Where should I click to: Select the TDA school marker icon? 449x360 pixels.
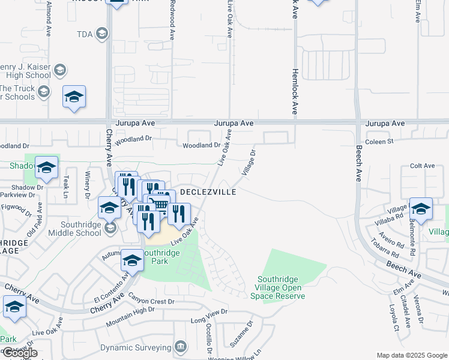pyautogui.click(x=103, y=34)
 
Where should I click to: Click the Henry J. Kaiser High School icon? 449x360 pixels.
pyautogui.click(x=59, y=71)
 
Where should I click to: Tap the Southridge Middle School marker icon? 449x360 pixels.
pyautogui.click(x=109, y=228)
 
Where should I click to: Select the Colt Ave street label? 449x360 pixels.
pyautogui.click(x=421, y=166)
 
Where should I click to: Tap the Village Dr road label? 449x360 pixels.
pyautogui.click(x=249, y=163)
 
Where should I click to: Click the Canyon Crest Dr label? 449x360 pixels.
pyautogui.click(x=155, y=301)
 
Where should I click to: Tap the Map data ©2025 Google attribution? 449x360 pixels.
pyautogui.click(x=411, y=355)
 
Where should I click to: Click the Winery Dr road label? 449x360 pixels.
pyautogui.click(x=87, y=185)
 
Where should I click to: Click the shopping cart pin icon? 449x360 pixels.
pyautogui.click(x=160, y=205)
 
